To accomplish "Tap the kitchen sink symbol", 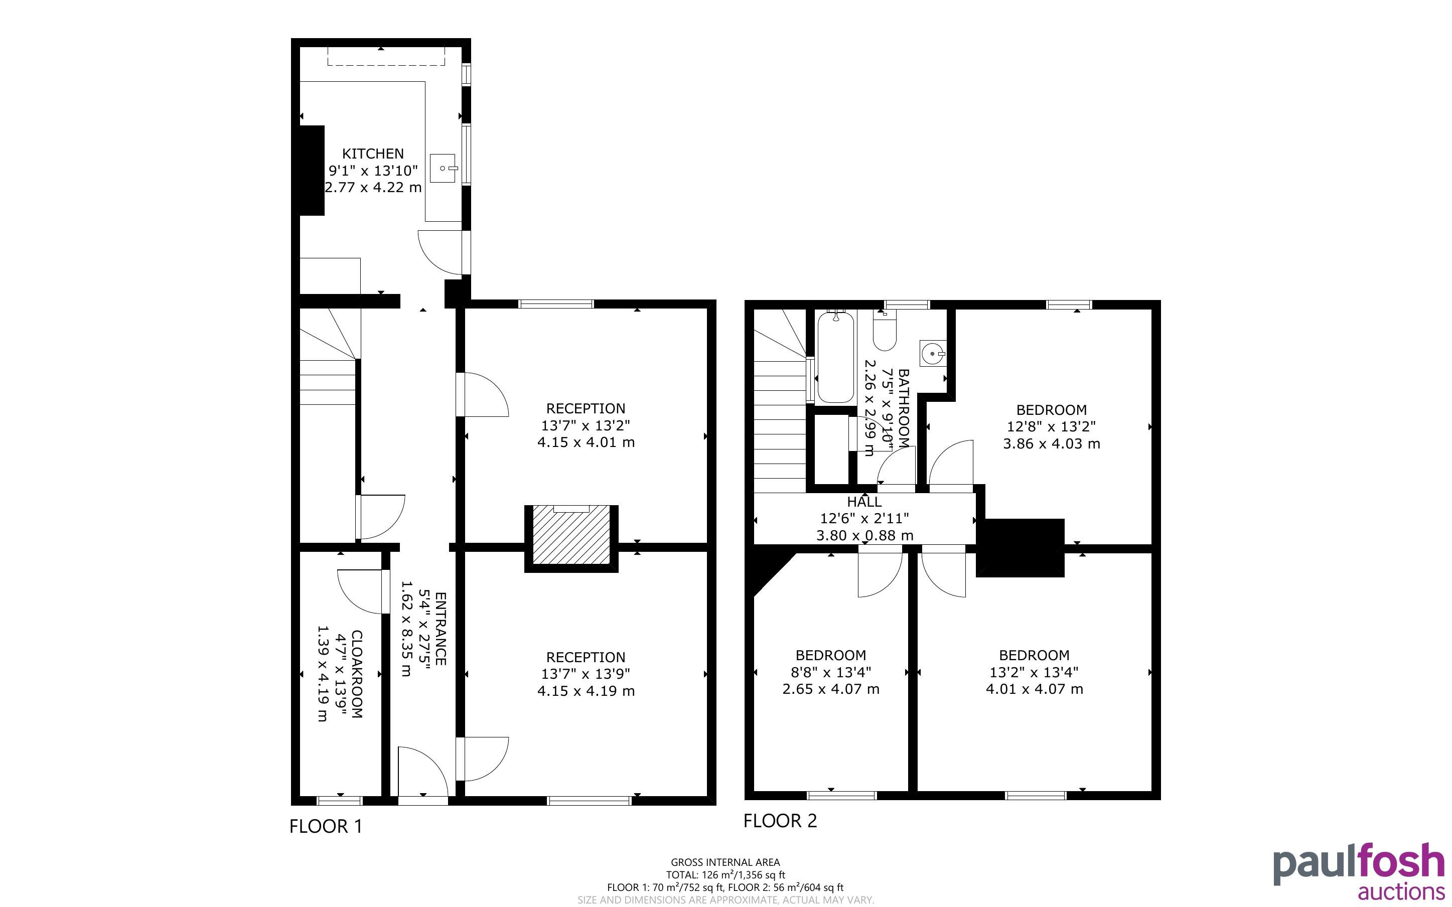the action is (444, 168).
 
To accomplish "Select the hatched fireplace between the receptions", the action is (571, 535).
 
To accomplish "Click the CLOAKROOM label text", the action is (356, 674).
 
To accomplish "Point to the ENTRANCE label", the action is (440, 629).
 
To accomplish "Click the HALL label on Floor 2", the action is (864, 502).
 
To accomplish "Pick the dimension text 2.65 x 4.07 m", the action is (831, 689).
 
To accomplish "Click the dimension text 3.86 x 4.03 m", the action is (1051, 444).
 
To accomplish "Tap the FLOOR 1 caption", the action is (326, 827).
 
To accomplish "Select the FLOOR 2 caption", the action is (780, 821).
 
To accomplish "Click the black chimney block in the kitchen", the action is (312, 171).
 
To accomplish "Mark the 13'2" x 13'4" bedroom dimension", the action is (1034, 672).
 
